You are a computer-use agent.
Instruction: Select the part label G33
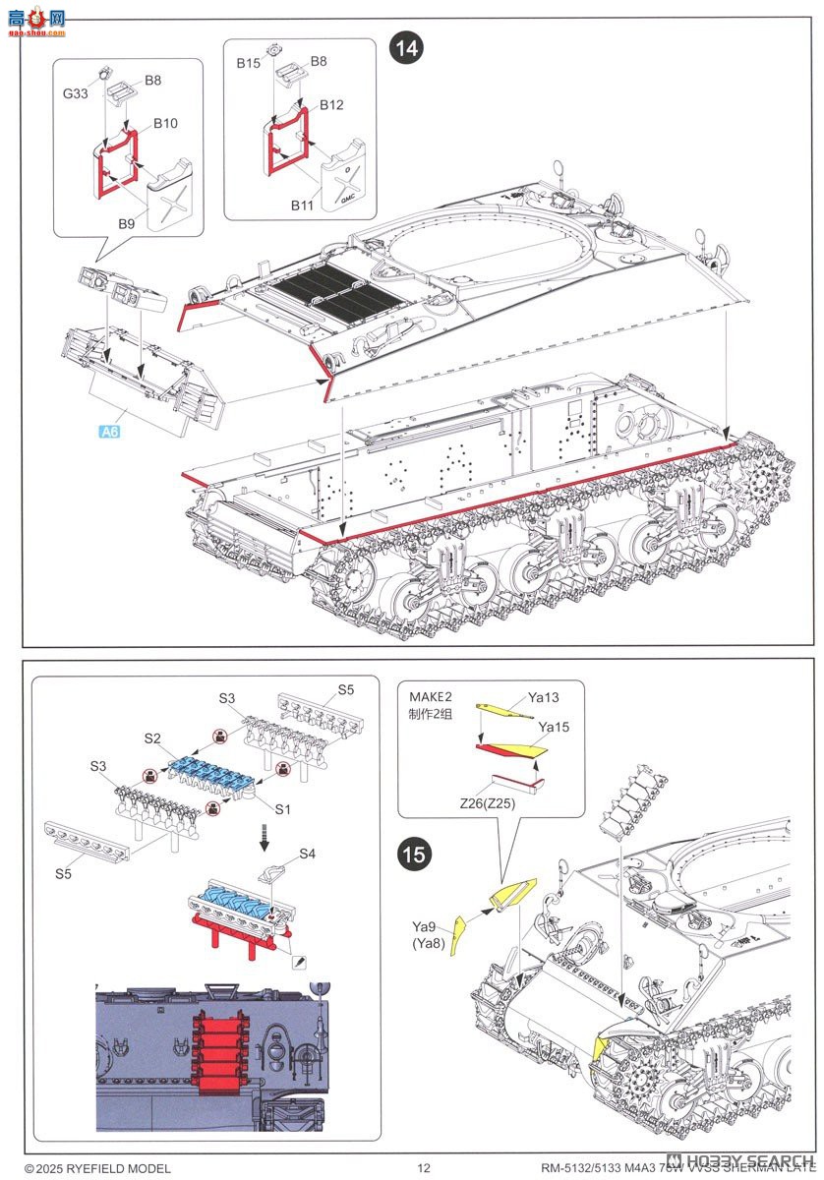78,95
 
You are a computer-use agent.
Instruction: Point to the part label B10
164,124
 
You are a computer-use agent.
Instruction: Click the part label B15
248,62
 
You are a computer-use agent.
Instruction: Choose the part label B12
330,105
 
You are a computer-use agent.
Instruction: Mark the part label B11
302,205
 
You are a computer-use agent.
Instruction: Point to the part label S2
151,737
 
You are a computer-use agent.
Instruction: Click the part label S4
307,853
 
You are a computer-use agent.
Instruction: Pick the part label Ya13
543,698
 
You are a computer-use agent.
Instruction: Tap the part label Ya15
553,728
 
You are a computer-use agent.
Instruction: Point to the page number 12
424,1167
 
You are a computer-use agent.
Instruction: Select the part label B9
127,224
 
